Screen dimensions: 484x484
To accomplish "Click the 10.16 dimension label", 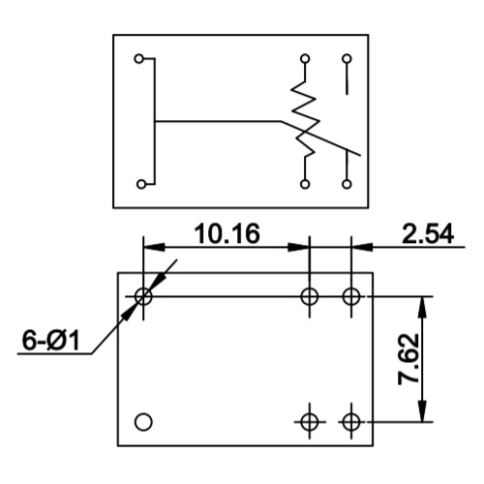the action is (x=227, y=233).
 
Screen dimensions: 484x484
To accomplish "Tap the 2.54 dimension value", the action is (x=428, y=233).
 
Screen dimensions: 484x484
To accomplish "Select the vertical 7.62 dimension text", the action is (x=408, y=359).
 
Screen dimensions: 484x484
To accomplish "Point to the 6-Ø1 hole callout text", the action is (x=50, y=340).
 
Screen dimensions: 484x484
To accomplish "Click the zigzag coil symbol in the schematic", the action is (x=305, y=118).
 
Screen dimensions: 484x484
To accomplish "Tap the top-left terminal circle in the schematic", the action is (x=139, y=59).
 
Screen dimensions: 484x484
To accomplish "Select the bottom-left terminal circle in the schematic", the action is (x=141, y=184).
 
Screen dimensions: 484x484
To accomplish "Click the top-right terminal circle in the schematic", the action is (x=347, y=59).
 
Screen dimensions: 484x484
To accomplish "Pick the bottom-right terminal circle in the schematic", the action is (x=347, y=184).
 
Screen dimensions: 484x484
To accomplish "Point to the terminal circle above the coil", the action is (x=305, y=59).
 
